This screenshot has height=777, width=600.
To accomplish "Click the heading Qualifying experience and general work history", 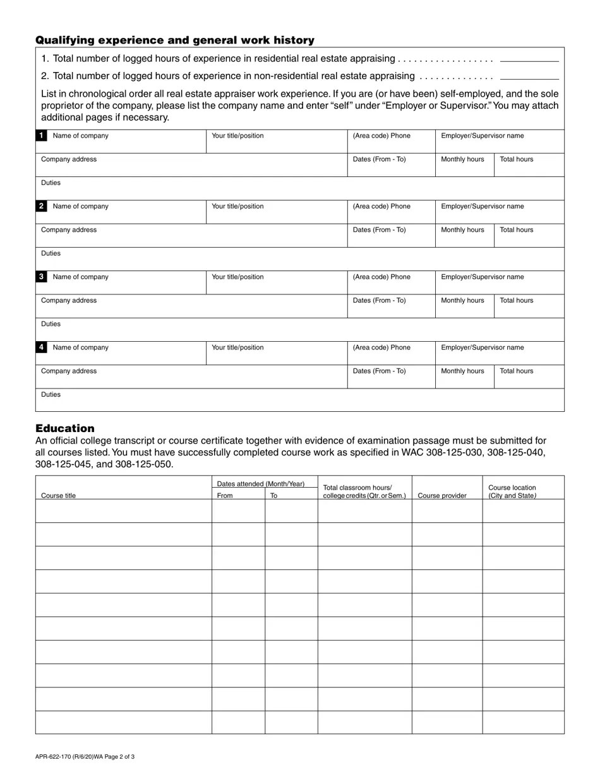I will (175, 40).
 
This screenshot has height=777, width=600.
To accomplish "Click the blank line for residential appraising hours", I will (529, 60).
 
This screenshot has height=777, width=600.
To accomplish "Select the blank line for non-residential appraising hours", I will (529, 78).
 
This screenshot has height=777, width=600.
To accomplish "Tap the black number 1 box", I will (41, 136).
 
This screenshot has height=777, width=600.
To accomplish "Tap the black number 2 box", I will (41, 207).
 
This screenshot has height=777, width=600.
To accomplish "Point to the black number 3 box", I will (41, 277).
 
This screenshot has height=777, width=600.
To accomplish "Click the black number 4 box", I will (41, 347).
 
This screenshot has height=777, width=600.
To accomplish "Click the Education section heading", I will (65, 428).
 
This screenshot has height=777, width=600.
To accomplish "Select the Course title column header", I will (58, 496).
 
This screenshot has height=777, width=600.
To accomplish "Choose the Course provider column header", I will (442, 496).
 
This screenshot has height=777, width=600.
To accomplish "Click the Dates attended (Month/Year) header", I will (261, 484).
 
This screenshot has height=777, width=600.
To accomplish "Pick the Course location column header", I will (512, 491).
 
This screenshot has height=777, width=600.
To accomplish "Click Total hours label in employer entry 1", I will (517, 159).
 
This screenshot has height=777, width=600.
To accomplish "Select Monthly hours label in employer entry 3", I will (462, 301).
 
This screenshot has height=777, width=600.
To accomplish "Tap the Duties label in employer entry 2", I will (51, 253).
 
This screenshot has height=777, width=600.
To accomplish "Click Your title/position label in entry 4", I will (237, 347).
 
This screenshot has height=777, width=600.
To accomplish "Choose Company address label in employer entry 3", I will (69, 301).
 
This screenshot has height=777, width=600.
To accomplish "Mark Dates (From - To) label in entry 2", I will (379, 230).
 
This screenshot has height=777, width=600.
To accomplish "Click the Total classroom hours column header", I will (364, 491).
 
